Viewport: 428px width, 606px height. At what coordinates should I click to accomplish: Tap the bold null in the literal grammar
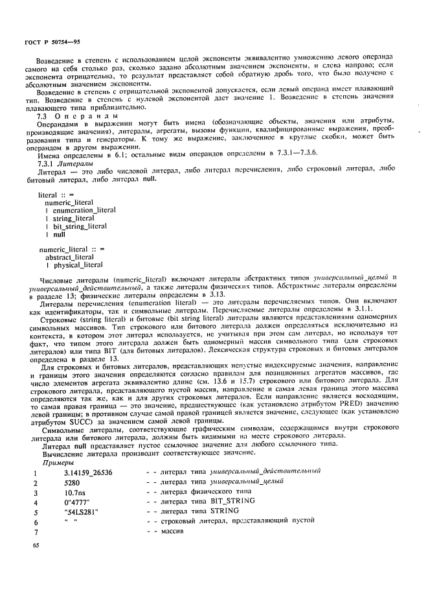coord(60,234)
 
